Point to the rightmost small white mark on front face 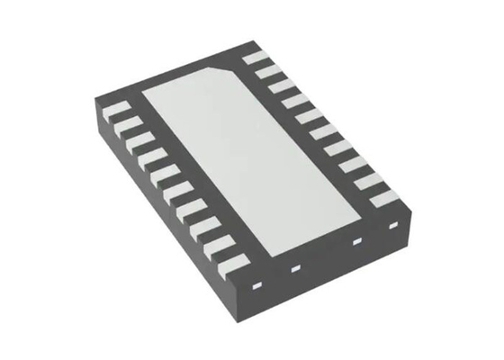pyautogui.click(x=391, y=226)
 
